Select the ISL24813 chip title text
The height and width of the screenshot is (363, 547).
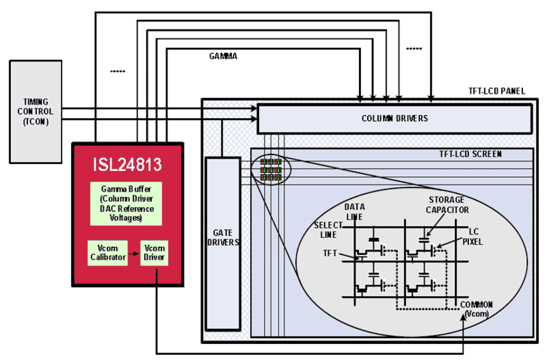click(x=127, y=165)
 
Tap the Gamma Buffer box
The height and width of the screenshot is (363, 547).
click(x=126, y=203)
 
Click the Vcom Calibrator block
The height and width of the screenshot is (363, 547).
click(x=108, y=253)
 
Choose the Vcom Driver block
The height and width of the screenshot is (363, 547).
click(x=155, y=253)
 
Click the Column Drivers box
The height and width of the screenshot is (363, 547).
click(x=395, y=118)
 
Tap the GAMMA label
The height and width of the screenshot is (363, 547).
click(x=223, y=56)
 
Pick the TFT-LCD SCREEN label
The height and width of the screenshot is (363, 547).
click(x=470, y=154)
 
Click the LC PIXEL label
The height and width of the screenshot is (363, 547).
click(x=473, y=236)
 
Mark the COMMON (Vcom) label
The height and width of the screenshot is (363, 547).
click(x=476, y=309)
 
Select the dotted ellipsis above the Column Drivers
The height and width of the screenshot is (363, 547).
click(x=414, y=49)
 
